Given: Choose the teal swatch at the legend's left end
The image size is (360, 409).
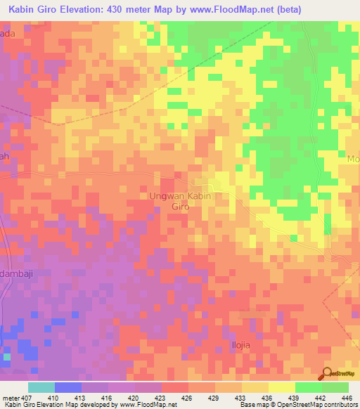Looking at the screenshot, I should [x=41, y=387].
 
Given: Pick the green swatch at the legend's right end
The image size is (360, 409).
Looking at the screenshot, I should [x=335, y=387].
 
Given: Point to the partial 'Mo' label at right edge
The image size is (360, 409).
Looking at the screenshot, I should [x=353, y=159].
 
